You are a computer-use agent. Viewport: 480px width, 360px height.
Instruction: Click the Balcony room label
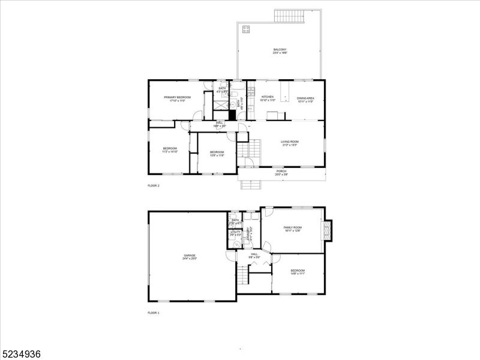click(280, 51)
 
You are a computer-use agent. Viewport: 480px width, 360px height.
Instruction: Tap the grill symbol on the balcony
click(246, 28)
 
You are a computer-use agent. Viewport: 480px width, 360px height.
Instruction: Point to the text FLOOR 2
click(154, 186)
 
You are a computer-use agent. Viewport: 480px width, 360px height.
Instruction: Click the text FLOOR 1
click(154, 313)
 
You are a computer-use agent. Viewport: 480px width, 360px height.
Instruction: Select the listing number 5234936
click(22, 354)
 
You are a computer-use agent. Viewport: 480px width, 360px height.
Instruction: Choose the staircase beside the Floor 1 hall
click(242, 275)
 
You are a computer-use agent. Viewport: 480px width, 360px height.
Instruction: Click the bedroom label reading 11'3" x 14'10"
click(170, 150)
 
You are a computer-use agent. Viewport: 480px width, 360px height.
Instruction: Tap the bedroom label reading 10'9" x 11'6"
click(217, 154)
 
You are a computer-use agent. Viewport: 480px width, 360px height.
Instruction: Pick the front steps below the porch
click(251, 184)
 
